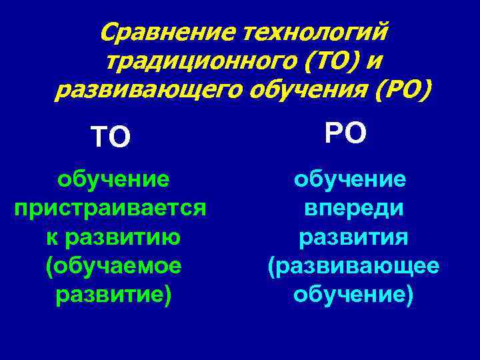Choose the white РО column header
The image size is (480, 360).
(x=346, y=133)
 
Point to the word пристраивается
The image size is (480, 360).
(x=110, y=208)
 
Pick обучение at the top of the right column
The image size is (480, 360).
(x=351, y=179)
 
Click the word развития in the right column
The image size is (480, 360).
(x=353, y=237)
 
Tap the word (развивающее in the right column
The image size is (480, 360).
(x=353, y=267)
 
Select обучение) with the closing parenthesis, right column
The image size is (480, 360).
(x=353, y=295)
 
